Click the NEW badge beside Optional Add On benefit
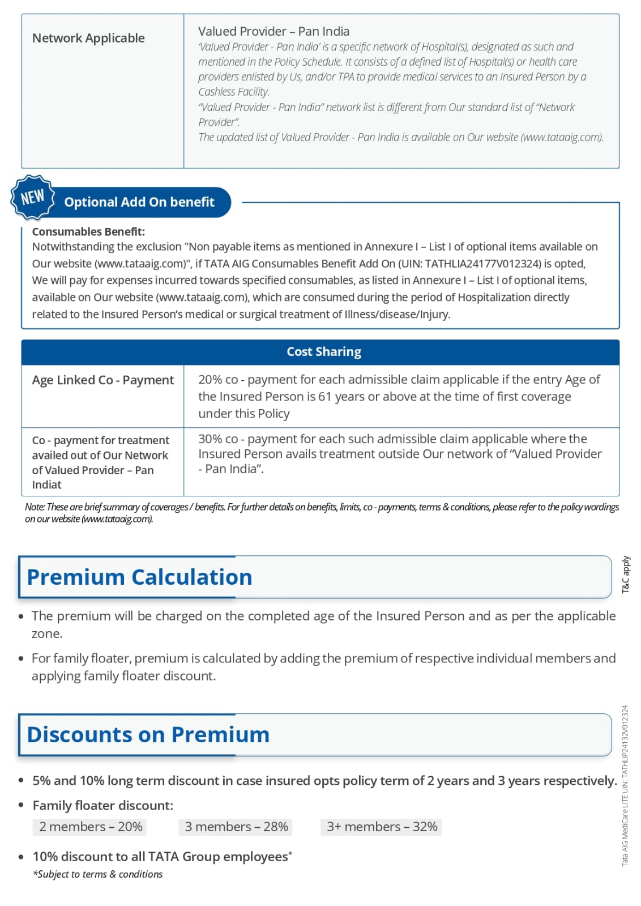point(32,197)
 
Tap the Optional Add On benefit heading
point(139,202)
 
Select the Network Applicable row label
point(88,39)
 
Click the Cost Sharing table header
point(323,352)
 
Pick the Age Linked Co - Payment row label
point(102,380)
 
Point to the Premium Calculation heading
point(139,577)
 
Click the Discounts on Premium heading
point(148,735)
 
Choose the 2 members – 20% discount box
point(91,827)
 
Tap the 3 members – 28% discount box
point(236,827)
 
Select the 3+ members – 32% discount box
point(382,827)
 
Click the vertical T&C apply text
point(626,575)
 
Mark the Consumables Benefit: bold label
point(88,232)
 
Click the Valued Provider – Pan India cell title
point(274,32)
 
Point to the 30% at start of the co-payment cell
point(210,439)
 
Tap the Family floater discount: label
point(103,806)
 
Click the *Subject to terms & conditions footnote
point(97,874)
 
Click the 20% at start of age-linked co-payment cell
point(210,380)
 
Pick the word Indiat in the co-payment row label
point(46,485)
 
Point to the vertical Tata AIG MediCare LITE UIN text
point(625,785)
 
